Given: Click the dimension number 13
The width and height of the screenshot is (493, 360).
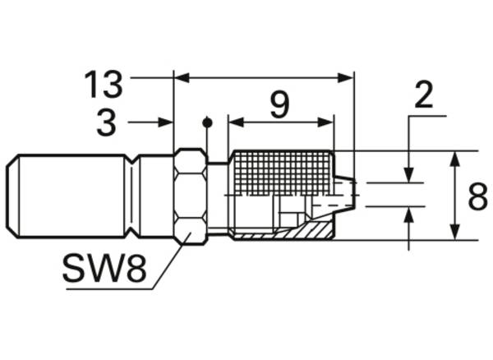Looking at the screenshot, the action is click(104, 85).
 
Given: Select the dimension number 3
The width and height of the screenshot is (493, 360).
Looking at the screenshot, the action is click(106, 122).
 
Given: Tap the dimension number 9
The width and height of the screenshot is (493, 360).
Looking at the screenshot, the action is click(279, 106).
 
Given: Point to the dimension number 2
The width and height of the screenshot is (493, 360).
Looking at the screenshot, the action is click(424, 95).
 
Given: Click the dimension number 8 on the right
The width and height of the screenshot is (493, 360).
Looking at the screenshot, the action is click(478, 196).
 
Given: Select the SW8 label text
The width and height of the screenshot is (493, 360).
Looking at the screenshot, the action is click(105, 268).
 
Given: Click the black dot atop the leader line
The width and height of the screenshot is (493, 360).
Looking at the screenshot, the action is click(207, 122).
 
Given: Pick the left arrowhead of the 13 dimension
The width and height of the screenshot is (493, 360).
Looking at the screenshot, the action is click(182, 77).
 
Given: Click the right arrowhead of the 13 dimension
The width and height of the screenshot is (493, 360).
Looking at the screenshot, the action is click(345, 77).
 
